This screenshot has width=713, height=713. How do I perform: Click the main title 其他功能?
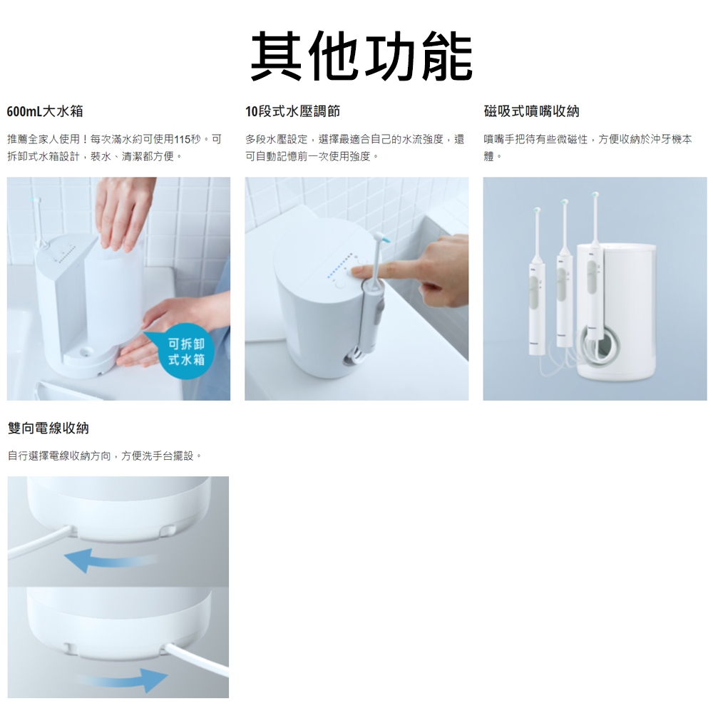[x=361, y=56]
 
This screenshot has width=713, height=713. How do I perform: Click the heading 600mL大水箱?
[x=45, y=111]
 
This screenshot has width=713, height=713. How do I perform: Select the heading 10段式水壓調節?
[x=293, y=111]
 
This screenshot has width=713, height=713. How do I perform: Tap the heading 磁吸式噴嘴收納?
[x=532, y=111]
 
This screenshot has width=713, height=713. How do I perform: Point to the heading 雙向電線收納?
[x=48, y=428]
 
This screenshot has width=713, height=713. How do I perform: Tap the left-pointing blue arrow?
[x=109, y=559]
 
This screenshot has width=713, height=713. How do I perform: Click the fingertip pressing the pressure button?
[x=357, y=272]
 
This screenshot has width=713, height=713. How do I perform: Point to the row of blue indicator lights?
[x=339, y=266]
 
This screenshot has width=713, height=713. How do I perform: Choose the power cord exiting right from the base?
[x=198, y=659]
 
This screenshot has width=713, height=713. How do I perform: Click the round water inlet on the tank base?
[x=84, y=352]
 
